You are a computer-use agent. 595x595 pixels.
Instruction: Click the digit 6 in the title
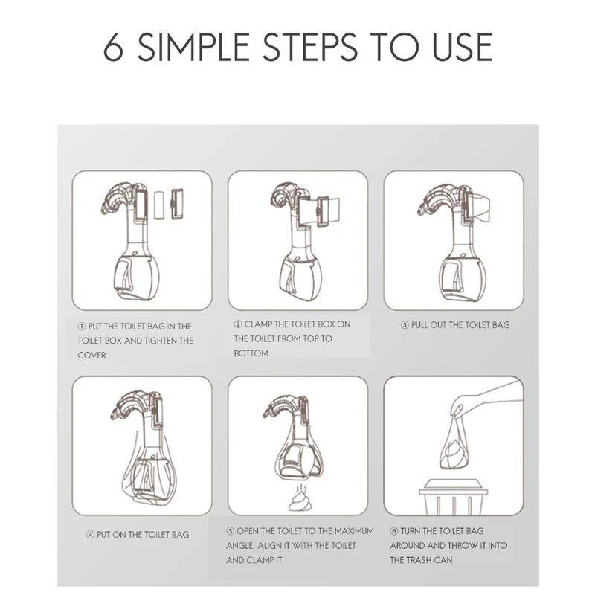(113, 47)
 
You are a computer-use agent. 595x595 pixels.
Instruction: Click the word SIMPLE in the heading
(193, 47)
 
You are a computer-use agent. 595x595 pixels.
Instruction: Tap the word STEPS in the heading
(310, 47)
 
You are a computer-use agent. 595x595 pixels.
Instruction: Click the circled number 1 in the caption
(82, 327)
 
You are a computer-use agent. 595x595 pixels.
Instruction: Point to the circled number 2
(238, 324)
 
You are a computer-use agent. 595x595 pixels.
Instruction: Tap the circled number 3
(405, 325)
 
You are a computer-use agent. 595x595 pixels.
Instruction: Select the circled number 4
(90, 535)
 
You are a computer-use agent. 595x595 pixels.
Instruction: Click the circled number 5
(231, 531)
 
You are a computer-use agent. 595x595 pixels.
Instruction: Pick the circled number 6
(394, 531)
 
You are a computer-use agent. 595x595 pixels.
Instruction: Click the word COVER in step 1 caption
(91, 356)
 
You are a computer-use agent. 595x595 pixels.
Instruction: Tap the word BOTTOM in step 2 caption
(251, 353)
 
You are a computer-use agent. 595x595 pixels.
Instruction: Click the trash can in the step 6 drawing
(454, 497)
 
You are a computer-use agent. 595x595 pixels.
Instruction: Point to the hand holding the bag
(486, 400)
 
